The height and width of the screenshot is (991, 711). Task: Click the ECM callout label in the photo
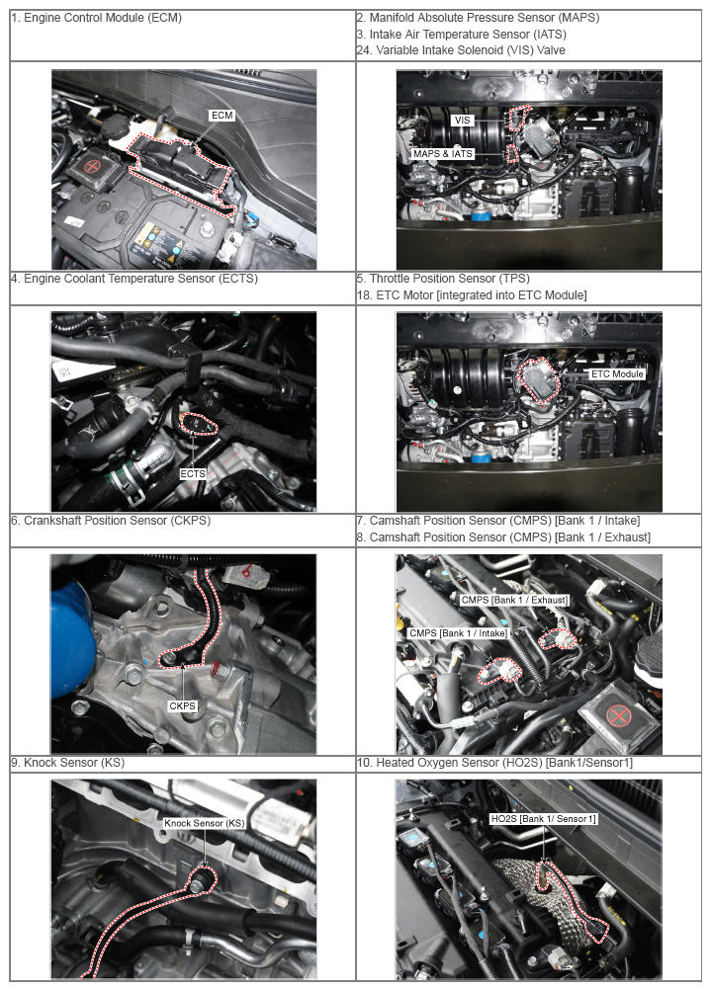tap(222, 115)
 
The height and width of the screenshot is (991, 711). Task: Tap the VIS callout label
tap(463, 121)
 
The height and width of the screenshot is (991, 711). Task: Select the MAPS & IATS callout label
tap(443, 153)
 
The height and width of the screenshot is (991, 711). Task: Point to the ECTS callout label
tap(192, 473)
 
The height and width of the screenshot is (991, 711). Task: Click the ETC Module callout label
tap(617, 373)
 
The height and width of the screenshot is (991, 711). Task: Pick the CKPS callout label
tap(182, 706)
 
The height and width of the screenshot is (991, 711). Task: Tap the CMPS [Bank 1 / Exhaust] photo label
tap(514, 600)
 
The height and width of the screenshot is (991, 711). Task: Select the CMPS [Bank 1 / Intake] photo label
tap(458, 632)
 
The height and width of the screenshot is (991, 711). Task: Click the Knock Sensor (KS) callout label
tap(204, 823)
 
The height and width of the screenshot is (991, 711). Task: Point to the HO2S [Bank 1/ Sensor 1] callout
tap(543, 818)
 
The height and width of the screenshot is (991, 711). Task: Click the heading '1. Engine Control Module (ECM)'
tap(96, 18)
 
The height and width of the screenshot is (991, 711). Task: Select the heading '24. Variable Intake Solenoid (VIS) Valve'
tap(461, 50)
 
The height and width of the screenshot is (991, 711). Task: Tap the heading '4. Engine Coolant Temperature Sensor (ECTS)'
tap(134, 278)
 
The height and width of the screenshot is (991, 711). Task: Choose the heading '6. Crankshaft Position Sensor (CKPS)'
tap(111, 520)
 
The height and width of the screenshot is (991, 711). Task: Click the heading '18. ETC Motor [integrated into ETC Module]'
tap(472, 294)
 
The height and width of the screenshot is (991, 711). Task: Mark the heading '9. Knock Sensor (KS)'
tap(67, 762)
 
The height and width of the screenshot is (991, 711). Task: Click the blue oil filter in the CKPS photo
tap(72, 638)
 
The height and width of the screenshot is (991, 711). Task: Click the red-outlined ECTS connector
tap(199, 424)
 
